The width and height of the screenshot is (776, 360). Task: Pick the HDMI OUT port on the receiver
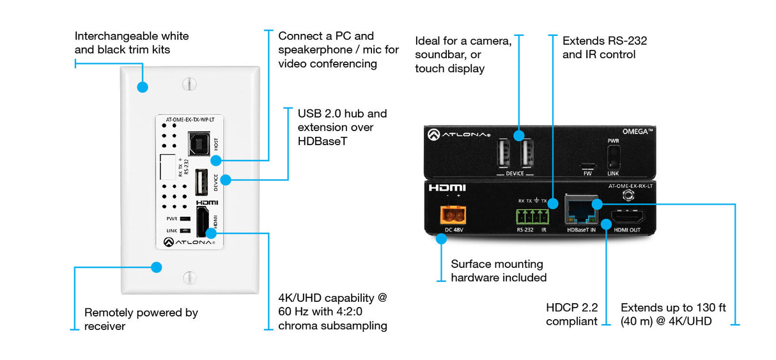[x=627, y=217]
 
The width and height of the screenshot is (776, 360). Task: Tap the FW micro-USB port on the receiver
[x=587, y=164]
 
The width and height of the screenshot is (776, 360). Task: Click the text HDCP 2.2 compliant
[x=571, y=315]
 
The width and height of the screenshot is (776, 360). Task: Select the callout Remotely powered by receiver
[x=141, y=319]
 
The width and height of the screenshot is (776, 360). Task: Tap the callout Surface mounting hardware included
[x=499, y=270]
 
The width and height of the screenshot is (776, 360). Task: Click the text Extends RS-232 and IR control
[x=604, y=47]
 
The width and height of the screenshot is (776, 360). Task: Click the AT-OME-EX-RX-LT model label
[x=629, y=186]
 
